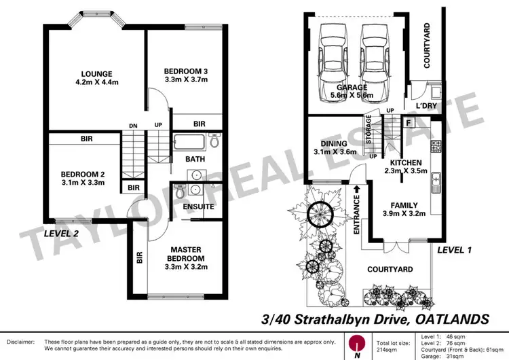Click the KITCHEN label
coord(406,163)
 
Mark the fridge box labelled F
coord(409,123)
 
